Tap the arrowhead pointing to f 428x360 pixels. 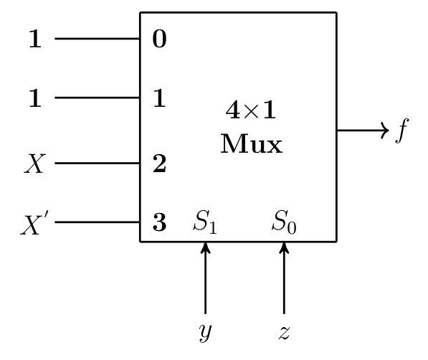point(384,131)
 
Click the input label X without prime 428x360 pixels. point(34,164)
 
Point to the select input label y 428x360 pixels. point(206,331)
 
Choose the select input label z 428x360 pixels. point(284,331)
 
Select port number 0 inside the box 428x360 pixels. point(160,39)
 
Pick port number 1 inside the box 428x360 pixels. point(160,98)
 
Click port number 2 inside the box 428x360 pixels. point(160,165)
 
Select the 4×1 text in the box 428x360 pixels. point(251,111)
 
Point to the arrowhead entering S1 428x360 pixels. point(206,247)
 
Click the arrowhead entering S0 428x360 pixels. point(284,247)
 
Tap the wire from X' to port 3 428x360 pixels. point(97,222)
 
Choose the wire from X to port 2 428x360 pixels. point(97,164)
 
